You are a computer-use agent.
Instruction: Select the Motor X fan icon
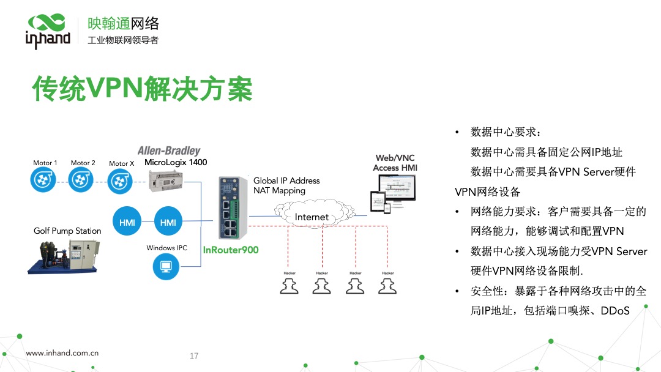tap(121, 180)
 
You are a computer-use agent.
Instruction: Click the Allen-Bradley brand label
tap(169, 151)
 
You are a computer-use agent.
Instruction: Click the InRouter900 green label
tap(231, 250)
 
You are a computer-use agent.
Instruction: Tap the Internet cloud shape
tap(312, 216)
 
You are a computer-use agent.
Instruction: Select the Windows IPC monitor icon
tap(165, 266)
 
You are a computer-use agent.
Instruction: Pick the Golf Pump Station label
tap(67, 231)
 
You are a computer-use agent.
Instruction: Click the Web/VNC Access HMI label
tap(395, 163)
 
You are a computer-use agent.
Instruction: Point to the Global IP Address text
tap(286, 180)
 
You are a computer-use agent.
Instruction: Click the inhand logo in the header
tap(48, 31)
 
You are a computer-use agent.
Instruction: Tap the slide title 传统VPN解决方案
tap(142, 89)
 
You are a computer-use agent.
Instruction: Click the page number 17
tap(194, 356)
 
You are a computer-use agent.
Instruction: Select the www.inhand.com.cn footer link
tap(62, 353)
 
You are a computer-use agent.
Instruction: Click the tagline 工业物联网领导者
tap(123, 40)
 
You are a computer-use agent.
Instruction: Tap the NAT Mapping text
tap(279, 190)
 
